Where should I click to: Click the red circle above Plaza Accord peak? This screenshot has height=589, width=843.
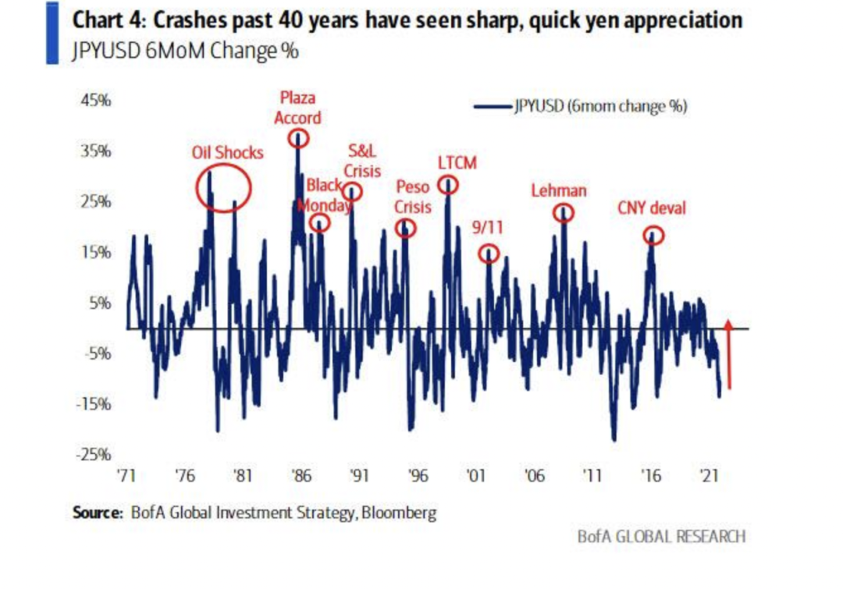tap(298, 139)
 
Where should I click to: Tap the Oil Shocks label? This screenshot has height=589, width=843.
tap(227, 153)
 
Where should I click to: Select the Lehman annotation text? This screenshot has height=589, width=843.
tap(559, 190)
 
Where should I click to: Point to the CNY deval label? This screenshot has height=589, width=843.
tap(652, 208)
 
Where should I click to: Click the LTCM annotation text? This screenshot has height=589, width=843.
tap(457, 163)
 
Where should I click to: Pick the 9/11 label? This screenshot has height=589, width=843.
tap(489, 228)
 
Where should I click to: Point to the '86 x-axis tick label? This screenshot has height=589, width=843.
tap(301, 476)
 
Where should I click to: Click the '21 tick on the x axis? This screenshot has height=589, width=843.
tap(710, 476)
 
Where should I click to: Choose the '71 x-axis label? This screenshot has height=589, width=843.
tap(127, 476)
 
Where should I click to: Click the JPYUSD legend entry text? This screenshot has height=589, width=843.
tap(600, 107)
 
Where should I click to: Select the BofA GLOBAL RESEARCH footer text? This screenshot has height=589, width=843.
tap(661, 536)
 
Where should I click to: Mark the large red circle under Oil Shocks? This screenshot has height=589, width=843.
tap(223, 187)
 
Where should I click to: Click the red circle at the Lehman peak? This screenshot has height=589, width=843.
tap(564, 212)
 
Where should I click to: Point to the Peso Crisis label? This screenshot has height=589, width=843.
tap(412, 197)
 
